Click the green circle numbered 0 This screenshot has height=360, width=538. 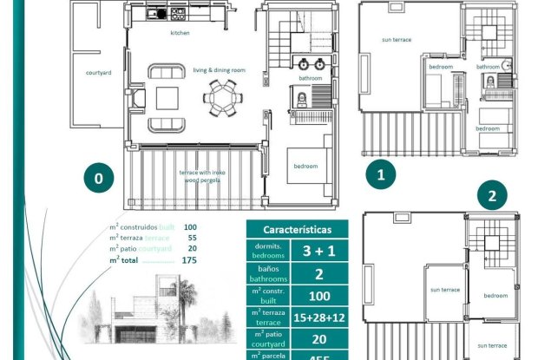[98, 179]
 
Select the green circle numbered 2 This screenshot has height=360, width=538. [492, 196]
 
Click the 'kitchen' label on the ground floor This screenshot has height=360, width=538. [180, 33]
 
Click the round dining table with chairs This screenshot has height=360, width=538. [225, 96]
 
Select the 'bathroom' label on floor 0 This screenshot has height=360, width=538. [311, 79]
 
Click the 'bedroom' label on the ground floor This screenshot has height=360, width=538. [305, 166]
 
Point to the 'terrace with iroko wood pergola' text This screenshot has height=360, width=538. [202, 176]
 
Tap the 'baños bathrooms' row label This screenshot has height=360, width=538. [268, 275]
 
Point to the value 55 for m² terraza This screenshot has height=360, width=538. [191, 237]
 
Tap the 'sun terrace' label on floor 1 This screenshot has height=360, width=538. [397, 40]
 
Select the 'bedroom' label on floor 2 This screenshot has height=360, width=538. [495, 295]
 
